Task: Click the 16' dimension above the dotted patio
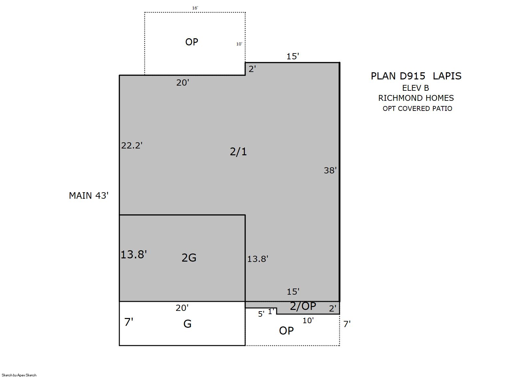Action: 195,8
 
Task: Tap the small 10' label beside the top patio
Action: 239,44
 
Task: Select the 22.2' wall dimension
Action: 132,146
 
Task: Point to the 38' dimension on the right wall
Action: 330,170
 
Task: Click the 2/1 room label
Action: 238,152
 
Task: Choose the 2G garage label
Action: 189,258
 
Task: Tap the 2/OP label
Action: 303,306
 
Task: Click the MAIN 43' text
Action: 89,195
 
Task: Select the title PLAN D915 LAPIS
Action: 416,76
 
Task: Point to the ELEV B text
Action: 415,88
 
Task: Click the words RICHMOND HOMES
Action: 416,98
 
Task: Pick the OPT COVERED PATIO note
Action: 417,109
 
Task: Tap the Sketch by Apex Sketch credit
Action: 19,375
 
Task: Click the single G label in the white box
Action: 187,324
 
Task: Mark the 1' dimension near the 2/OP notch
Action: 271,312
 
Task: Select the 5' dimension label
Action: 261,314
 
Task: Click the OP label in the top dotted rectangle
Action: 192,42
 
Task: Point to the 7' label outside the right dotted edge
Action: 347,324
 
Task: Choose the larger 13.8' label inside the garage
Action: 134,254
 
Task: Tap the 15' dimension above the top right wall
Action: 293,56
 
